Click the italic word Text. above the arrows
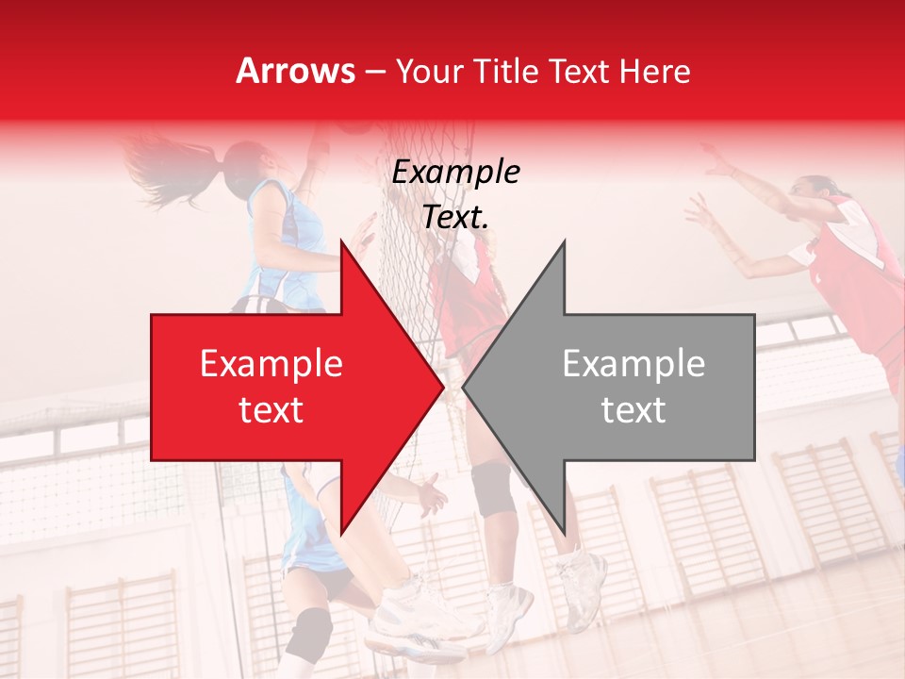tap(455, 218)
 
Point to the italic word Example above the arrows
tap(455, 173)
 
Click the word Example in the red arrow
tap(271, 364)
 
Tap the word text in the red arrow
tap(271, 410)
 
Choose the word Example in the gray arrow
tap(633, 364)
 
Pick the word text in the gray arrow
tap(633, 410)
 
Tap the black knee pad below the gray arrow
tap(494, 489)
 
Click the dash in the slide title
tap(375, 72)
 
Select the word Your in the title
tap(422, 71)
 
